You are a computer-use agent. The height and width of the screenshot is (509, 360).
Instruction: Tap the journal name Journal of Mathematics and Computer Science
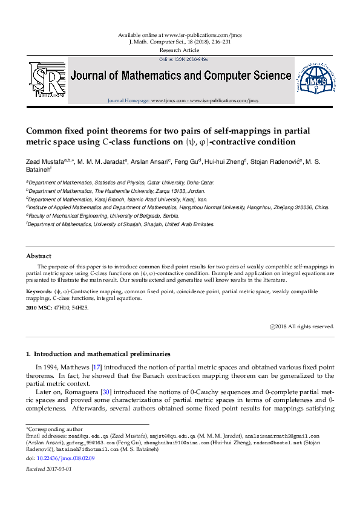point(181,76)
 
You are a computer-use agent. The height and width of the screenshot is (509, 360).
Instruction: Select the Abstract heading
point(38,256)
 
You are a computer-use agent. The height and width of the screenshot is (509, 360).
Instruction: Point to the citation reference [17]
point(96,367)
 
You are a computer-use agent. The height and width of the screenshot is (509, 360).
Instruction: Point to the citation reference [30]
point(105,392)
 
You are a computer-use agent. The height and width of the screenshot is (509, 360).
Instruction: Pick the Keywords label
point(38,291)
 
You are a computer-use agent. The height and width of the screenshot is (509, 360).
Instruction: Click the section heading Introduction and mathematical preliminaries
point(102,354)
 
